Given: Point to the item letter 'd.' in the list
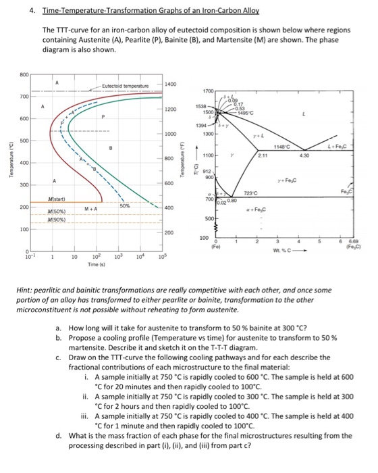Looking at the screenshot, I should tap(59, 434).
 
